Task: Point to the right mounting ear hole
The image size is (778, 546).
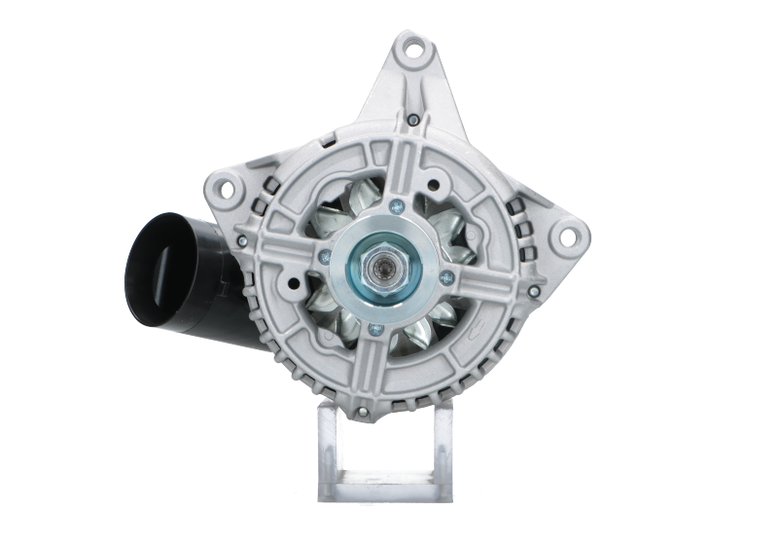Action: point(571,235)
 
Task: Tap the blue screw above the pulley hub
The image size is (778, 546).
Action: point(397,206)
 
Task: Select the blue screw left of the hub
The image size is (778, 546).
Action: point(323,258)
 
